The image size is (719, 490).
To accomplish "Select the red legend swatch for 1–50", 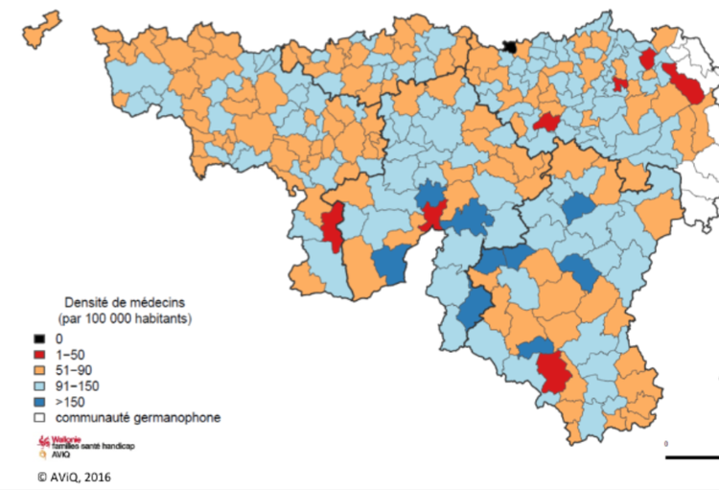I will click(39, 355).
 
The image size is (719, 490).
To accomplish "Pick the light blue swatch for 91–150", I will click(39, 386).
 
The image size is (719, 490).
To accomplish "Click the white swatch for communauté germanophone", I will click(39, 418).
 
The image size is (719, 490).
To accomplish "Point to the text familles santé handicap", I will click(98, 448).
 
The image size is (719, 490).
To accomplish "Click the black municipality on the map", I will click(510, 47).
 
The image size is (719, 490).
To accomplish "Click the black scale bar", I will click(691, 457).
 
